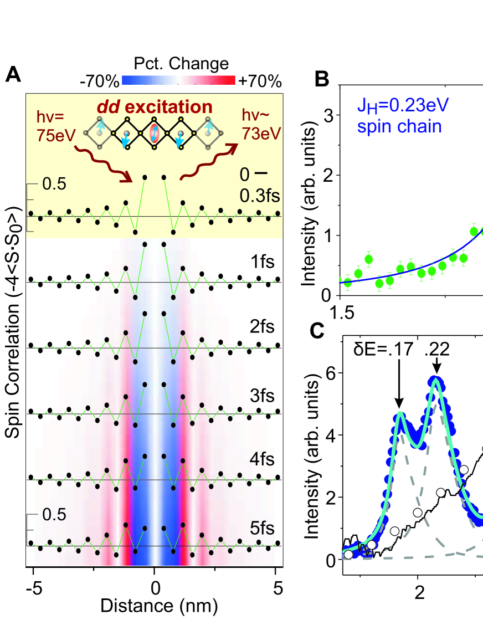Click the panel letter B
[x=322, y=80]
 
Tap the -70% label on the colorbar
[x=100, y=82]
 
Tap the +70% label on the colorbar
[x=260, y=82]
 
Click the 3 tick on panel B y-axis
[x=332, y=116]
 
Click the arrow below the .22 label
[x=436, y=366]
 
